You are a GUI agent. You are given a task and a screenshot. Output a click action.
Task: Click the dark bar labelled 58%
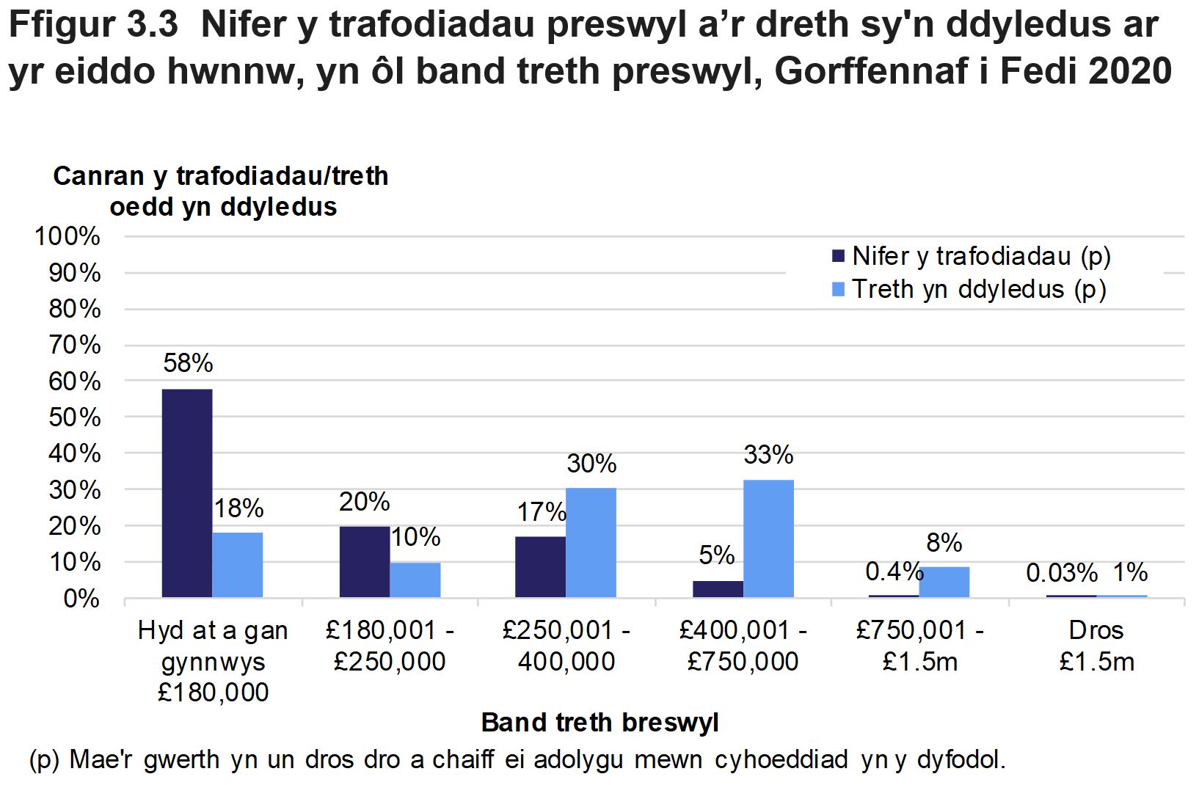click(x=187, y=493)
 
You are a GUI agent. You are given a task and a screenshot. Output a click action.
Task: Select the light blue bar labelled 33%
click(x=768, y=538)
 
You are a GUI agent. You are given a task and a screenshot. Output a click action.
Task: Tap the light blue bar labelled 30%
click(x=591, y=543)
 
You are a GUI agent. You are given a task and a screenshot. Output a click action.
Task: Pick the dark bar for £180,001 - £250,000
click(x=365, y=562)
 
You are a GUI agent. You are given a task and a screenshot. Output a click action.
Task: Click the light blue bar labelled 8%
click(x=944, y=582)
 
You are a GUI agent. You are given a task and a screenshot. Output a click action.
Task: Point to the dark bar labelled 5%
click(x=718, y=589)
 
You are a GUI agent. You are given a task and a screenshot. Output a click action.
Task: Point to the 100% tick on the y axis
click(x=68, y=237)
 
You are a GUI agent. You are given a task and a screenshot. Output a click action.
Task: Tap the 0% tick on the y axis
click(x=80, y=599)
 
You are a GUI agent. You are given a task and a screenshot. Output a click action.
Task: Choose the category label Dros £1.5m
click(x=1096, y=646)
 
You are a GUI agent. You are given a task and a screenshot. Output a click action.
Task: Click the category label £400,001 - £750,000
click(x=743, y=646)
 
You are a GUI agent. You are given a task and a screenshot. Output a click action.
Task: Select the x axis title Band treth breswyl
click(x=599, y=723)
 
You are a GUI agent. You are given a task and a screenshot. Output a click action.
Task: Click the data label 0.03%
click(x=1061, y=574)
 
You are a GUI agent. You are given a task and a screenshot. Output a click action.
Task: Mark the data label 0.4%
click(x=892, y=572)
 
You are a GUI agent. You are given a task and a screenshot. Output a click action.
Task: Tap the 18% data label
click(x=238, y=509)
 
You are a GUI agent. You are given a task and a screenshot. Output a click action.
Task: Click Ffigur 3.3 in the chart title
click(x=93, y=26)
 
